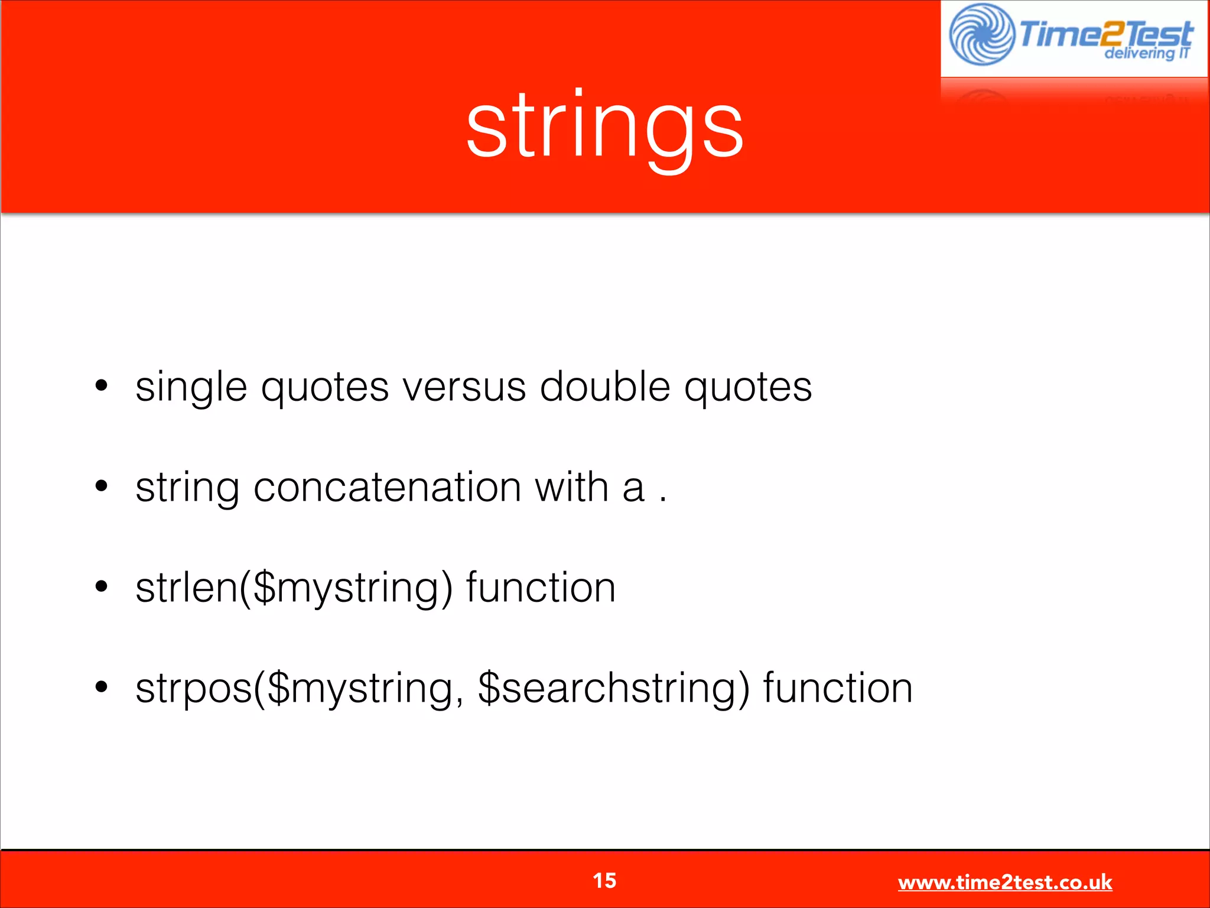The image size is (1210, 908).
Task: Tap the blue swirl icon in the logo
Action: (x=981, y=34)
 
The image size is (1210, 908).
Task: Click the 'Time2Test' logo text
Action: (x=1106, y=33)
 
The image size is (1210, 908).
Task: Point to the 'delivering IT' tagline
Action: (x=1146, y=53)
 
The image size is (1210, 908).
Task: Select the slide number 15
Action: (x=604, y=880)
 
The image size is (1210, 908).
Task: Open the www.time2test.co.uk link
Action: (x=1004, y=882)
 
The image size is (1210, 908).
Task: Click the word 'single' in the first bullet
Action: (x=191, y=388)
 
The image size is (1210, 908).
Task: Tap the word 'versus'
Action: (x=464, y=388)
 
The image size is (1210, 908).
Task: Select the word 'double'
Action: (x=605, y=387)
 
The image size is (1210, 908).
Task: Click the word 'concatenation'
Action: (x=387, y=487)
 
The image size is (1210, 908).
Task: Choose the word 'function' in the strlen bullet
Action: (x=541, y=588)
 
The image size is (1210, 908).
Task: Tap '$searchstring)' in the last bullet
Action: (x=613, y=688)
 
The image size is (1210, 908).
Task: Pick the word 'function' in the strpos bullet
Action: (x=838, y=688)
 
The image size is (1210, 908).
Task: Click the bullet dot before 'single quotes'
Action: (x=102, y=385)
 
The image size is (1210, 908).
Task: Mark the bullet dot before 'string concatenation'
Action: (x=102, y=486)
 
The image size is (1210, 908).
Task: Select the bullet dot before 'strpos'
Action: (x=102, y=687)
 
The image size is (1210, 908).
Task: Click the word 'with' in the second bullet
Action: (x=571, y=487)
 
